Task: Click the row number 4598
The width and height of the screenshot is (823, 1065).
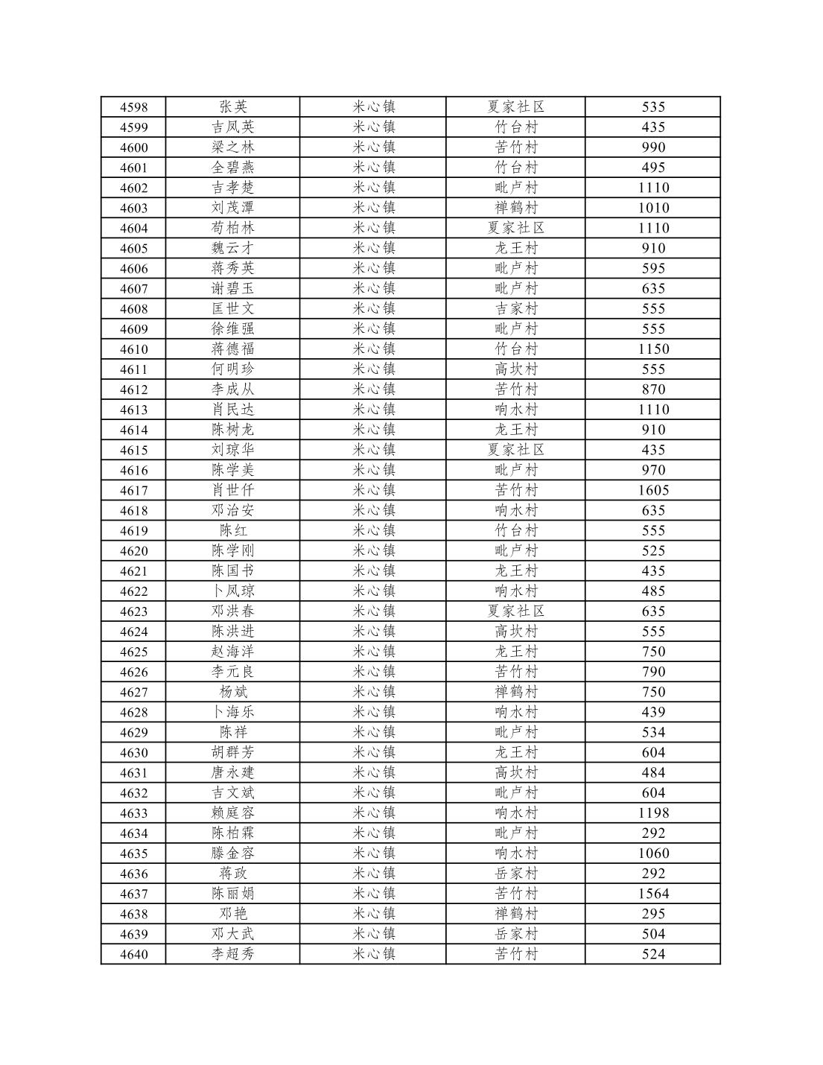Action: pos(134,107)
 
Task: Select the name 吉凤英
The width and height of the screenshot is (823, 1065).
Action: pos(233,127)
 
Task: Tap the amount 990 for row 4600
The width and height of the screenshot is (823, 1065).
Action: pos(653,147)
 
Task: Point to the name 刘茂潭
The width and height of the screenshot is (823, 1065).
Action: pos(233,208)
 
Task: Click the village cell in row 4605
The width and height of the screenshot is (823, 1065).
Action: pos(516,248)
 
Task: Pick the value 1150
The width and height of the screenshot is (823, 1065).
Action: pos(653,349)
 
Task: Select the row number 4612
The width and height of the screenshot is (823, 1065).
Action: pos(134,390)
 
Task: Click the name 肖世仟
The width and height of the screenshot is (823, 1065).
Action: pos(233,490)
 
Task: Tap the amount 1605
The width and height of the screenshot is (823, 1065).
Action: pos(653,490)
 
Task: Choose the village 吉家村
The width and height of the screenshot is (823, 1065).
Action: pos(516,309)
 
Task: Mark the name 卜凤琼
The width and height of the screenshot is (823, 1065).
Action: pos(233,591)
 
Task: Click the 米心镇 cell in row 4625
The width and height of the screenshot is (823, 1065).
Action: pos(373,652)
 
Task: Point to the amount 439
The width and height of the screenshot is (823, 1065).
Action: pos(653,712)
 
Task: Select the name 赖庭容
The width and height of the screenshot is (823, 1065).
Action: pos(233,813)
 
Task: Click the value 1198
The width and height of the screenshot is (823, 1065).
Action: pos(653,813)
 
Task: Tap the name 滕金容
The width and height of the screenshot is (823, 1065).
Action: pos(233,853)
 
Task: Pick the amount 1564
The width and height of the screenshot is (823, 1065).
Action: pos(653,894)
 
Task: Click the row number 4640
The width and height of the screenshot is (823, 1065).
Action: pos(134,955)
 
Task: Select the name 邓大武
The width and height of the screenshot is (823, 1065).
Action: pos(233,934)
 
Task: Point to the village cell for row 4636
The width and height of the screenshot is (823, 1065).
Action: pos(516,874)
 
